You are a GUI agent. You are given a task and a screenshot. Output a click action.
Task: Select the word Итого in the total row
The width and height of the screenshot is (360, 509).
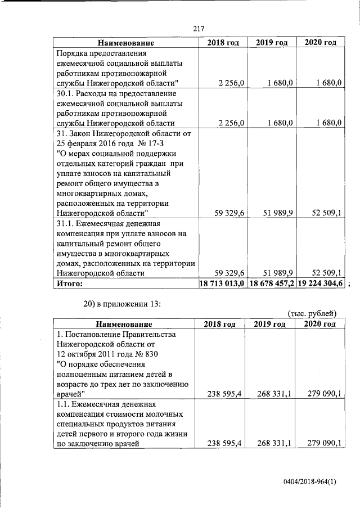pos(70,284)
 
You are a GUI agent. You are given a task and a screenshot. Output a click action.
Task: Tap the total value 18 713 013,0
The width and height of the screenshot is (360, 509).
pos(222,284)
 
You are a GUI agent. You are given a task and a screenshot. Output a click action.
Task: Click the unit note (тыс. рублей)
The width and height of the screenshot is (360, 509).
pos(312,313)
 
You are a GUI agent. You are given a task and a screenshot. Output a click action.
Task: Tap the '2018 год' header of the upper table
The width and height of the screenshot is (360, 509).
pos(223,43)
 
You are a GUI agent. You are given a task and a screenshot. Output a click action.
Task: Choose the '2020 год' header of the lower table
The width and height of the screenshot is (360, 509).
pos(319,324)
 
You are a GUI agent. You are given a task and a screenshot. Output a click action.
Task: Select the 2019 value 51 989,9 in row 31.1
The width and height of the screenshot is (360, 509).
pos(280,273)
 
